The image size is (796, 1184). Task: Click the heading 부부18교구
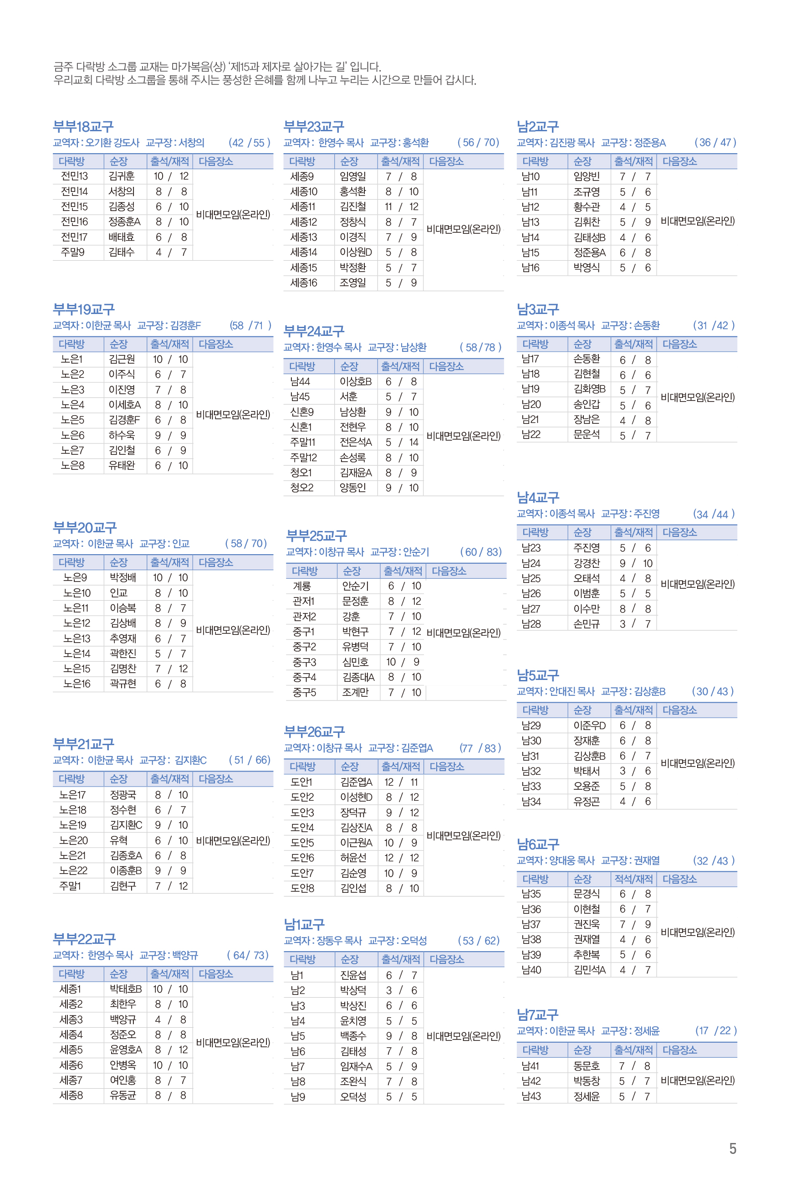[x=83, y=127]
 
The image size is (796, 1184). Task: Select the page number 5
[x=732, y=1148]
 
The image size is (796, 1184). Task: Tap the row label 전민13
[x=74, y=176]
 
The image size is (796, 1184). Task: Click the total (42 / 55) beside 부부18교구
[x=249, y=143]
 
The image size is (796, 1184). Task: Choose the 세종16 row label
[x=304, y=283]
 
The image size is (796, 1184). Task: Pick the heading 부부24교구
[x=314, y=331]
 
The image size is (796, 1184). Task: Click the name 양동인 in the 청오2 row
[x=352, y=488]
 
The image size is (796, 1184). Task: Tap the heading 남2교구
[x=538, y=127]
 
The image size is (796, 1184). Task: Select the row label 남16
[x=531, y=268]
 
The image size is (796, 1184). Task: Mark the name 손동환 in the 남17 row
[x=587, y=359]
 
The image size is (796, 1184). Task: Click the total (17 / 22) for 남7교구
[x=715, y=1030]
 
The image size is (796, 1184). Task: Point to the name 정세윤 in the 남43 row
[x=587, y=1096]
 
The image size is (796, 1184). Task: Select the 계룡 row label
[x=301, y=586]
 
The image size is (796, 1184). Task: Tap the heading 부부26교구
[x=314, y=731]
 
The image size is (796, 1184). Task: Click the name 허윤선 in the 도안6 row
[x=353, y=858]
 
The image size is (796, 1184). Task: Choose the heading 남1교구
[x=304, y=924]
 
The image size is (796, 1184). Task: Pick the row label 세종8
[x=71, y=1096]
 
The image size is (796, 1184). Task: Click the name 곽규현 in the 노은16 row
[x=123, y=684]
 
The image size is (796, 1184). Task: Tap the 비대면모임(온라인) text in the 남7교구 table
[x=698, y=1081]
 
